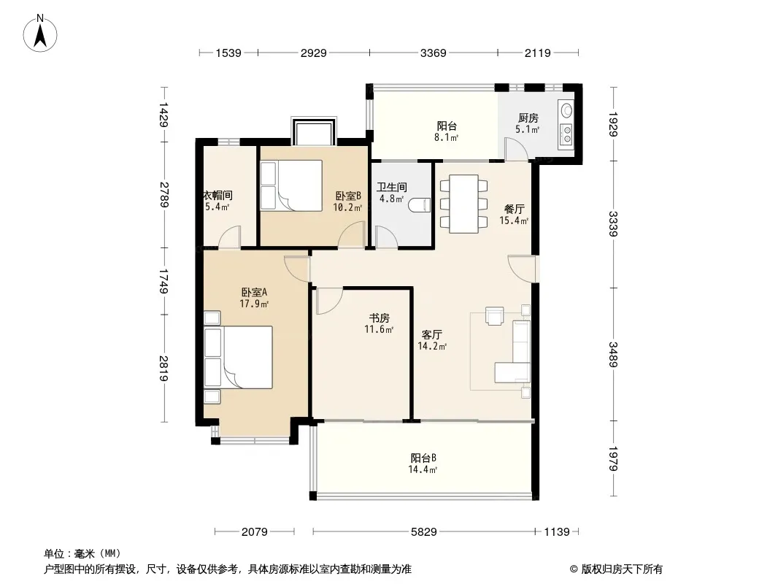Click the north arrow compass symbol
(40, 34)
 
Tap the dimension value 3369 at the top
(434, 53)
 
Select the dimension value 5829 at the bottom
(424, 532)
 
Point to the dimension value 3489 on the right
(613, 354)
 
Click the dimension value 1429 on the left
(164, 115)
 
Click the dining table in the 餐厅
(464, 204)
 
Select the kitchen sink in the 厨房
(566, 109)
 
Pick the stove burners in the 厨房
(566, 134)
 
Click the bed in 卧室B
(291, 185)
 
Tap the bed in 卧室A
(239, 357)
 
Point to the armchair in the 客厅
(495, 315)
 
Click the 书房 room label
(379, 318)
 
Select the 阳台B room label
(423, 458)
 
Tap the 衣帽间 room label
(218, 196)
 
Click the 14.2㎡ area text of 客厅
(431, 346)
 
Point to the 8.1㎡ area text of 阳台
(446, 137)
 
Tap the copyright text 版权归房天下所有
(622, 569)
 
